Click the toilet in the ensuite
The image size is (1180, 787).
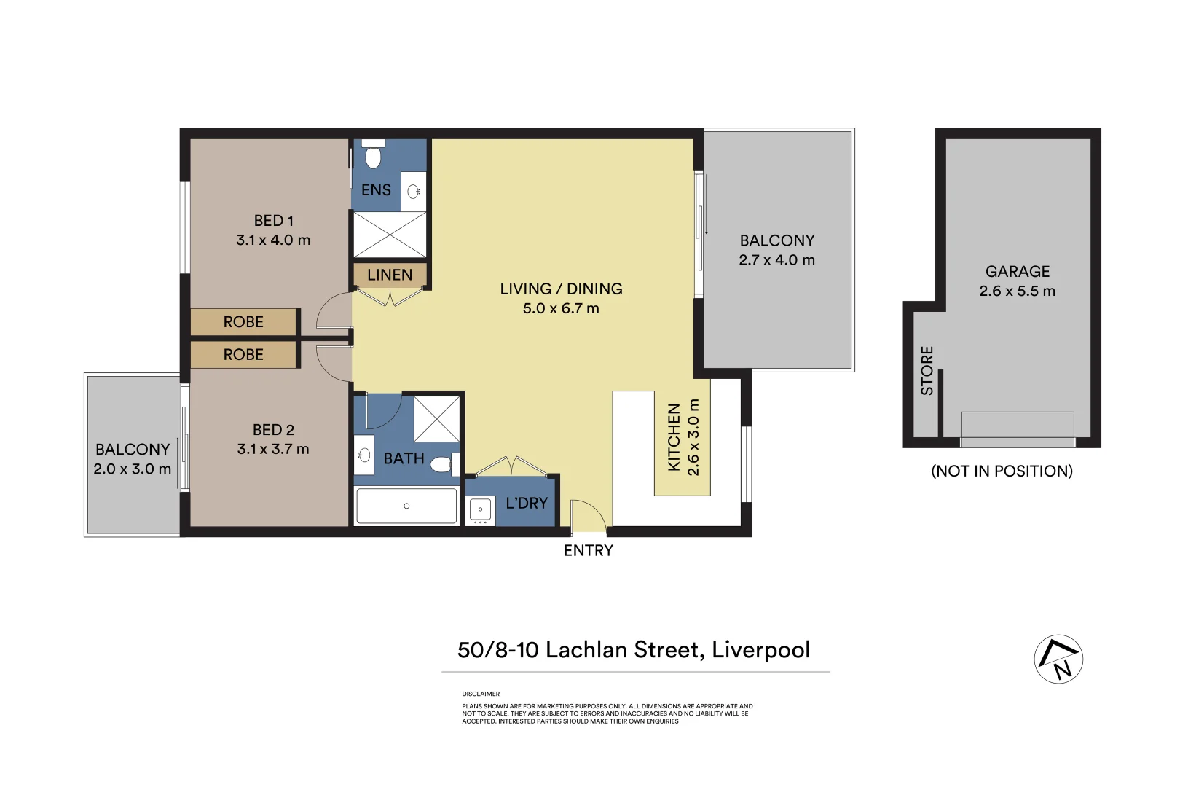374,156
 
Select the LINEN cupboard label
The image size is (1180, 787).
390,275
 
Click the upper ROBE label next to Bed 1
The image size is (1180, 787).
243,322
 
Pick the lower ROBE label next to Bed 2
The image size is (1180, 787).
243,355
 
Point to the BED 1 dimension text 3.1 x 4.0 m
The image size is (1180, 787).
273,240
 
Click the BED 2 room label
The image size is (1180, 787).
273,430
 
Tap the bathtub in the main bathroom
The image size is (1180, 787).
406,506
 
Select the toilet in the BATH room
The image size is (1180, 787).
443,464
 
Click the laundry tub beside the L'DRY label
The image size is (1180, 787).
480,510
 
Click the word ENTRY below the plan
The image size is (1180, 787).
589,551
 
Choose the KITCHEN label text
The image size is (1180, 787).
674,437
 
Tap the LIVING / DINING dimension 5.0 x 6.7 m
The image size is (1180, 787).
561,308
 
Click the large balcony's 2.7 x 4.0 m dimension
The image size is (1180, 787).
776,260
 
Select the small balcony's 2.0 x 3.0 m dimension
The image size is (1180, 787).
132,469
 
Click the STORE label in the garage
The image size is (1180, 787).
927,371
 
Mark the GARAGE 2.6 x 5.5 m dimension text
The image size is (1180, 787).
1017,291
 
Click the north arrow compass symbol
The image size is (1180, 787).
1058,659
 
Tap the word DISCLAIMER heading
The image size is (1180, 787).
481,694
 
